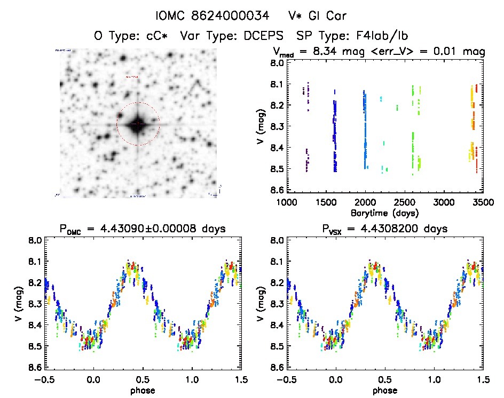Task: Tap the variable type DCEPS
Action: coord(271,37)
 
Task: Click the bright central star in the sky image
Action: coord(138,124)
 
